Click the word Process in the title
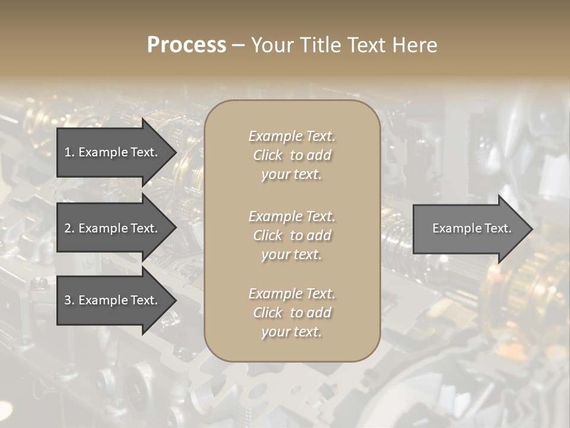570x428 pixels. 186,45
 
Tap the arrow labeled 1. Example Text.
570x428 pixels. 113,152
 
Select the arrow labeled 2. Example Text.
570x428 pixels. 113,228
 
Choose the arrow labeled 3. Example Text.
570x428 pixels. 113,300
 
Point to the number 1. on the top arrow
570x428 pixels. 69,152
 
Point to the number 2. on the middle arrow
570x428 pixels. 69,228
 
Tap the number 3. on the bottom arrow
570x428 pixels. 69,300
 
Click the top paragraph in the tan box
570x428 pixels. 292,155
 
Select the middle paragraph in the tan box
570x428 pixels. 292,235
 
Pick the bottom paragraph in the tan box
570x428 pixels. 292,313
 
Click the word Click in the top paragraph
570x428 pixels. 268,155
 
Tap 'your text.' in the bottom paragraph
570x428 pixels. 292,332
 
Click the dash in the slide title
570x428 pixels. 239,45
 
